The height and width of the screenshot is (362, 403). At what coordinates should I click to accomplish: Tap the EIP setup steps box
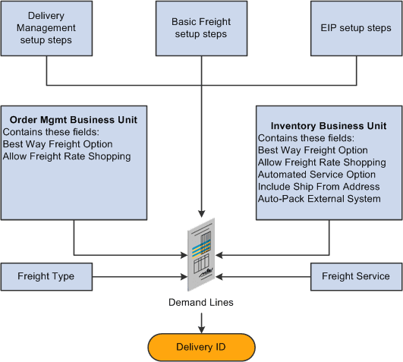click(356, 28)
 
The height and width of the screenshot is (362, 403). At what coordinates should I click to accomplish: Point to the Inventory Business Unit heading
click(329, 126)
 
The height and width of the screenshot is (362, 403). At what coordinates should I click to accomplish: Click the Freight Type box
click(46, 276)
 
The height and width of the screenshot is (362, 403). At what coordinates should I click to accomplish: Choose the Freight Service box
click(356, 276)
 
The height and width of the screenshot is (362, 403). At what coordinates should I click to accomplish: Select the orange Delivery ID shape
click(201, 347)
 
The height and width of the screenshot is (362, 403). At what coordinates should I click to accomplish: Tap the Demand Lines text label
click(201, 302)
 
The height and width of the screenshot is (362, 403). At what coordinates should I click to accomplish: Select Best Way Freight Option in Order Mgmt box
click(56, 144)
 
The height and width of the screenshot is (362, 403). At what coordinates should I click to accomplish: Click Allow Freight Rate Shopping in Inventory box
click(322, 162)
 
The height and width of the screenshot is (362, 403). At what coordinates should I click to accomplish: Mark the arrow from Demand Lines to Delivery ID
click(201, 320)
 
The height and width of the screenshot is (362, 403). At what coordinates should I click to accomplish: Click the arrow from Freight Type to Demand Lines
click(137, 276)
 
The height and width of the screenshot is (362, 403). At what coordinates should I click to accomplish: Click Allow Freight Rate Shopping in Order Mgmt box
click(67, 156)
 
